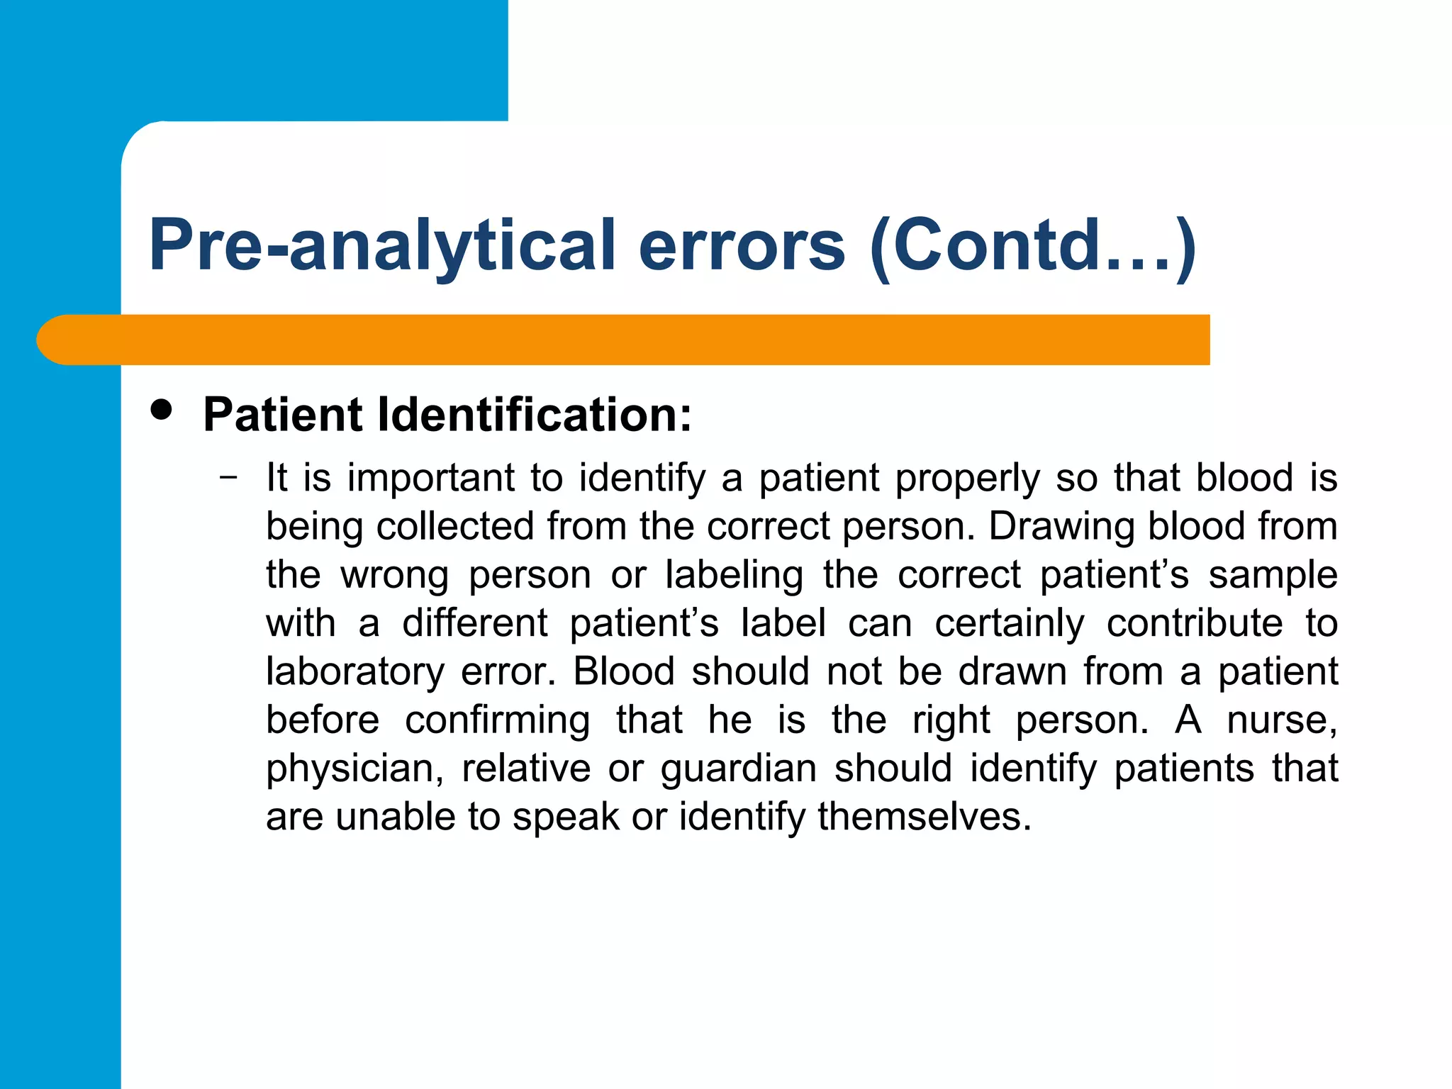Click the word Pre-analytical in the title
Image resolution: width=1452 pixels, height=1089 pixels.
pyautogui.click(x=381, y=245)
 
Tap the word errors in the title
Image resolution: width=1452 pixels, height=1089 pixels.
pyautogui.click(x=742, y=245)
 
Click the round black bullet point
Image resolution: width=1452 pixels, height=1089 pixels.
pyautogui.click(x=162, y=411)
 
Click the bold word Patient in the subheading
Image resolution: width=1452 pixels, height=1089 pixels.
pyautogui.click(x=283, y=414)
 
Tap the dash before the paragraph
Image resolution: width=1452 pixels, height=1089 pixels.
pyautogui.click(x=228, y=476)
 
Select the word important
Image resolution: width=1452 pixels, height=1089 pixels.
pyautogui.click(x=430, y=477)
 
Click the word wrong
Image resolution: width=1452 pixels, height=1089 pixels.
pyautogui.click(x=394, y=576)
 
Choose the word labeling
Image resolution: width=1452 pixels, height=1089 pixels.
pyautogui.click(x=734, y=575)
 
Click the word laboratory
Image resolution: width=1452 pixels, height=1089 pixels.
pyautogui.click(x=354, y=672)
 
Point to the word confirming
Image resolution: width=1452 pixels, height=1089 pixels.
pyautogui.click(x=497, y=720)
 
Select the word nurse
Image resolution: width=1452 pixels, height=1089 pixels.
pyautogui.click(x=1281, y=720)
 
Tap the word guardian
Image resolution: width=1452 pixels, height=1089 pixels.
pyautogui.click(x=738, y=769)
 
